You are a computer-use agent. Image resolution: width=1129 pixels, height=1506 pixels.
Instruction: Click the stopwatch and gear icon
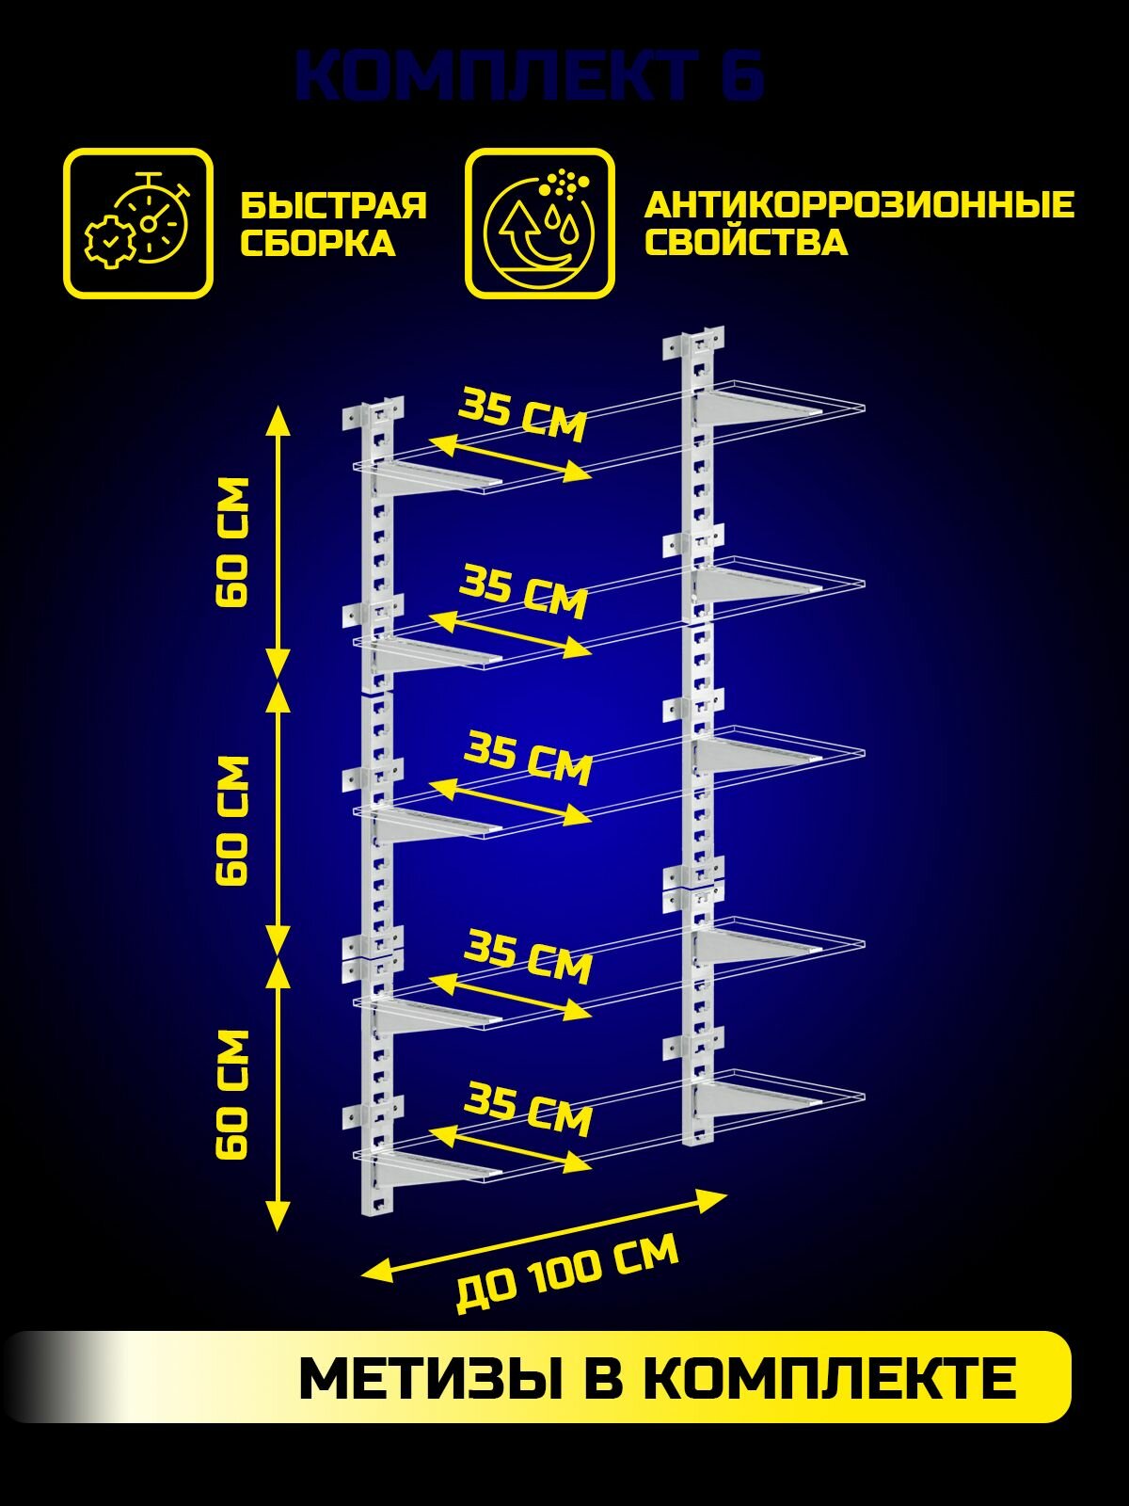[x=138, y=223]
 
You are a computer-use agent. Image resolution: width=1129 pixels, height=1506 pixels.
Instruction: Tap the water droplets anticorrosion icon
[x=539, y=223]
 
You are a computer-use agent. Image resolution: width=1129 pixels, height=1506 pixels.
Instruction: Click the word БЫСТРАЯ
[x=334, y=204]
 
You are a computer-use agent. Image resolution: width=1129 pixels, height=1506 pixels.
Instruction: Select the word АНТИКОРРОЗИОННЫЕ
[x=858, y=204]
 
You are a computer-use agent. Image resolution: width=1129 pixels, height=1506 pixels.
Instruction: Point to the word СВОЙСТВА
[x=746, y=242]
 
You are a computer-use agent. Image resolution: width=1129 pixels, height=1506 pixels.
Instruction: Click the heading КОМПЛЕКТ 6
[x=529, y=76]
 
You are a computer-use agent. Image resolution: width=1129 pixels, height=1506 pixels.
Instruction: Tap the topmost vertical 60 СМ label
[x=232, y=542]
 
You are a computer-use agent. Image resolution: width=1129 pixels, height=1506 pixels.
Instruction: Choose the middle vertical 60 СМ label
[x=232, y=820]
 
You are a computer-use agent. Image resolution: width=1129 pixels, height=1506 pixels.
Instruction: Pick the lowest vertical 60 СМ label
[x=232, y=1094]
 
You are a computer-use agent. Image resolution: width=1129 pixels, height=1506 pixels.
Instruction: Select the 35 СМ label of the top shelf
[x=523, y=414]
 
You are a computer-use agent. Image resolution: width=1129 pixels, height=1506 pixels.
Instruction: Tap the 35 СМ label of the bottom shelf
[x=530, y=1110]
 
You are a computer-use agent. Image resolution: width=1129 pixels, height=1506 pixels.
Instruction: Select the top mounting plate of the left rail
[x=374, y=414]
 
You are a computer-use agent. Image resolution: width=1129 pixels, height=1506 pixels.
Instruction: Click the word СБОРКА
[x=317, y=243]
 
